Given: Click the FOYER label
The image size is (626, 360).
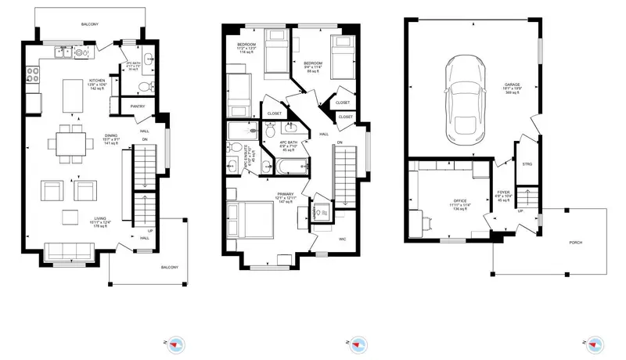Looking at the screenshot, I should (x=503, y=192).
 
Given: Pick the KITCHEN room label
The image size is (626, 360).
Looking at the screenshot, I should (x=97, y=81).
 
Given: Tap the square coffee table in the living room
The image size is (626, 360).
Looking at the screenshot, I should (x=70, y=218).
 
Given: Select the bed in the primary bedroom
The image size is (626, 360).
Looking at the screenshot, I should (x=250, y=218).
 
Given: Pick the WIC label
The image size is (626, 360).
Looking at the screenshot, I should (x=342, y=239).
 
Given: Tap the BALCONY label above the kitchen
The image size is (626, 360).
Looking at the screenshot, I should (x=91, y=23).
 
